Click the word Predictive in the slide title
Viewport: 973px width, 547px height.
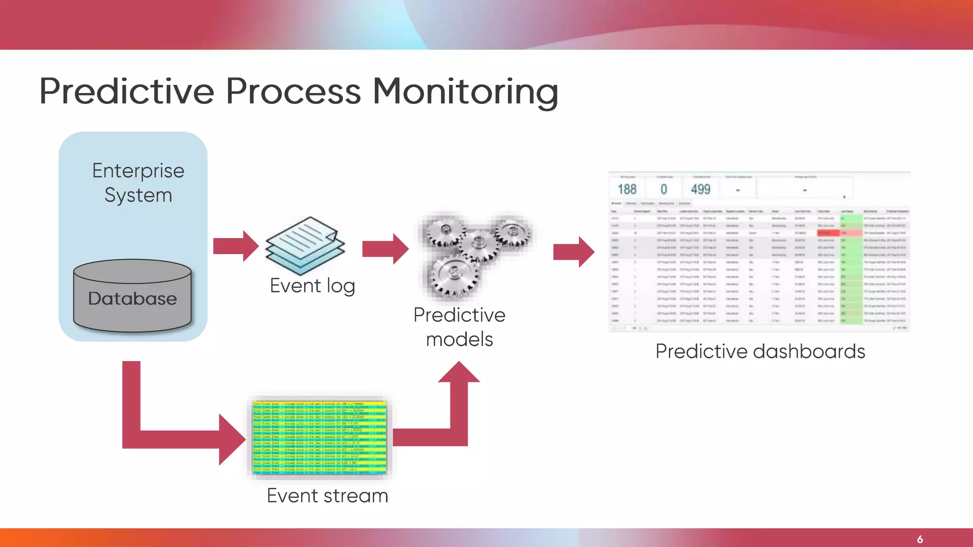(x=127, y=91)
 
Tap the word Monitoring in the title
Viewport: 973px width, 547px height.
(x=465, y=92)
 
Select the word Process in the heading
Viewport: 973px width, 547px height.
(x=293, y=91)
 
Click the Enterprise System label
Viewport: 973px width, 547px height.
(x=138, y=183)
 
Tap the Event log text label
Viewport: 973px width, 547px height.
(x=312, y=286)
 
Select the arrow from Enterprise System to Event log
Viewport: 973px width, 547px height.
(x=236, y=246)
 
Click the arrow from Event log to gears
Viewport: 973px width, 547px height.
(x=385, y=248)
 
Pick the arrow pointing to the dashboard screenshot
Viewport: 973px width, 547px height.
(x=573, y=252)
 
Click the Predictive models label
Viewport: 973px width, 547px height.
(x=459, y=327)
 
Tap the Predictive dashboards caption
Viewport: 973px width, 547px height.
(x=760, y=352)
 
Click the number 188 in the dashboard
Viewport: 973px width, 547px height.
(x=627, y=189)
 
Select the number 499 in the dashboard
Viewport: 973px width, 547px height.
(x=700, y=189)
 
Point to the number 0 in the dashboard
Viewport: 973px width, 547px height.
(x=664, y=189)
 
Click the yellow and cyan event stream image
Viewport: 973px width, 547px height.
(x=320, y=437)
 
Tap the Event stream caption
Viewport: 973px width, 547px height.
(x=327, y=496)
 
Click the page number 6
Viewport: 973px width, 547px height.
(x=920, y=539)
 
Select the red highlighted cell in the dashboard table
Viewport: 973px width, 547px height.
(x=828, y=233)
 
